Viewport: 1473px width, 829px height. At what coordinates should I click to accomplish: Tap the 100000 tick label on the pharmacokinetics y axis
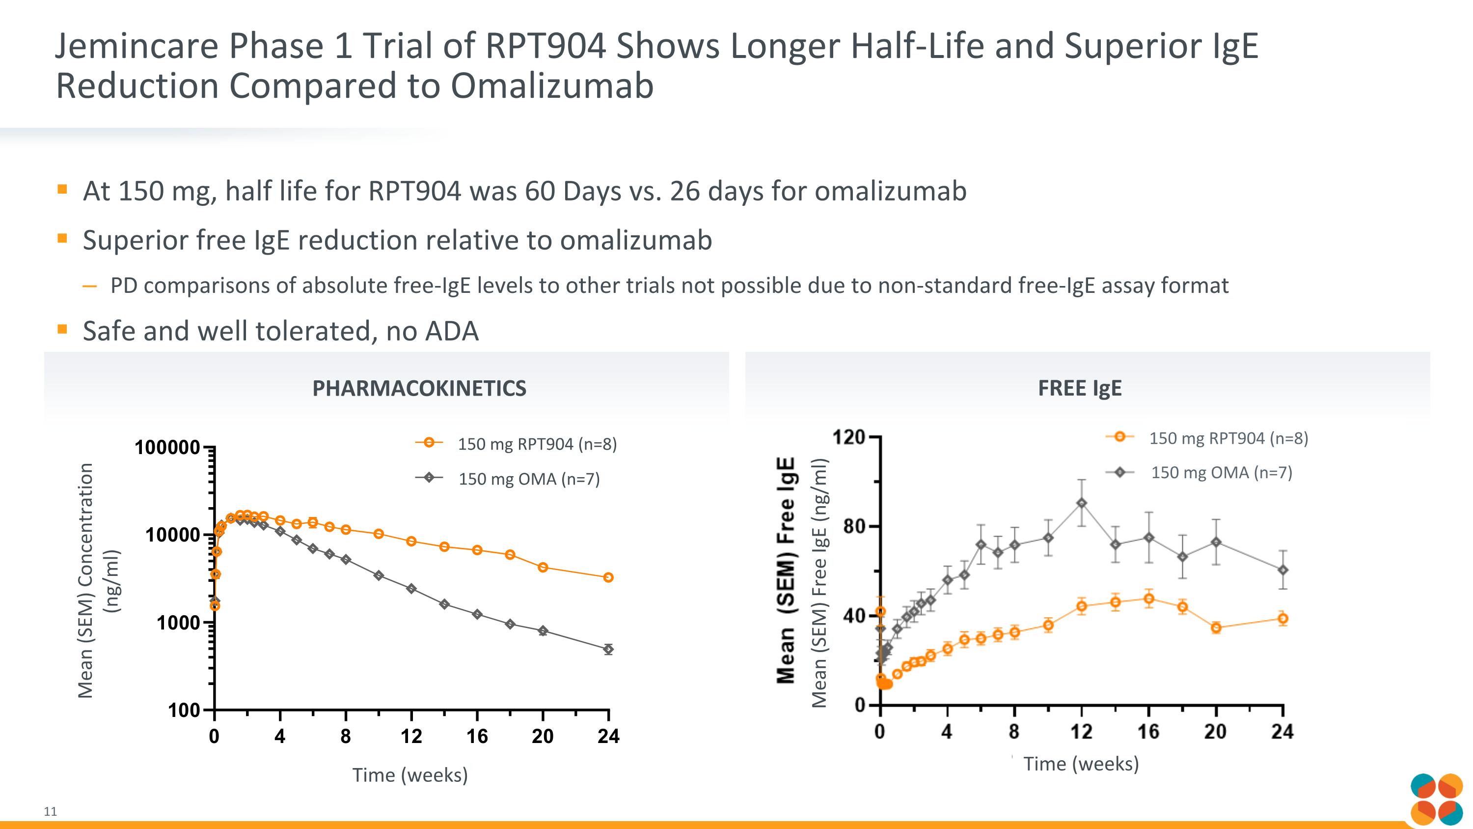[167, 447]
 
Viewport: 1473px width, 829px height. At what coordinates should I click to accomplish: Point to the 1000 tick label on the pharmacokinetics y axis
[178, 623]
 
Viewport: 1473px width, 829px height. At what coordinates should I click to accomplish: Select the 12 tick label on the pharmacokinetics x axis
[411, 736]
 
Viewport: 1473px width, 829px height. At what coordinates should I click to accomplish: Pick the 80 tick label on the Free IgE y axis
[854, 526]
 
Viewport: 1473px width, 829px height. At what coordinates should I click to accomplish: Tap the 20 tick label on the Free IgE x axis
[1216, 732]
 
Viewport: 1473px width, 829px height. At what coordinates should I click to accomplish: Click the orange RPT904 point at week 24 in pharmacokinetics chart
[608, 577]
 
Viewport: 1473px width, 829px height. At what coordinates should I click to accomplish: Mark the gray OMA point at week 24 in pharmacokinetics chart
[608, 649]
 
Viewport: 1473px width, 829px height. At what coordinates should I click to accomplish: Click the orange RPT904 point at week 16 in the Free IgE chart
[1149, 599]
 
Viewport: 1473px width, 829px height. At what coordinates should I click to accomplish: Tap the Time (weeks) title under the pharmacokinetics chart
[410, 775]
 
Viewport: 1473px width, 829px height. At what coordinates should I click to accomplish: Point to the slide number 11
[50, 811]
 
